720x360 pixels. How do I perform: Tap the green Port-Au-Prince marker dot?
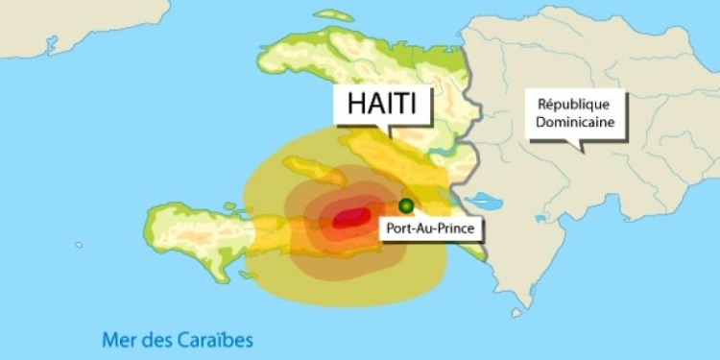(x=406, y=204)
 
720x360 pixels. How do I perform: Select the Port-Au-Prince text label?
(x=432, y=228)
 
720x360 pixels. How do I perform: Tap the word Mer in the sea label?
(x=119, y=338)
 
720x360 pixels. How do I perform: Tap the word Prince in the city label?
(x=455, y=228)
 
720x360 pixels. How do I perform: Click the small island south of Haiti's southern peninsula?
(x=248, y=276)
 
